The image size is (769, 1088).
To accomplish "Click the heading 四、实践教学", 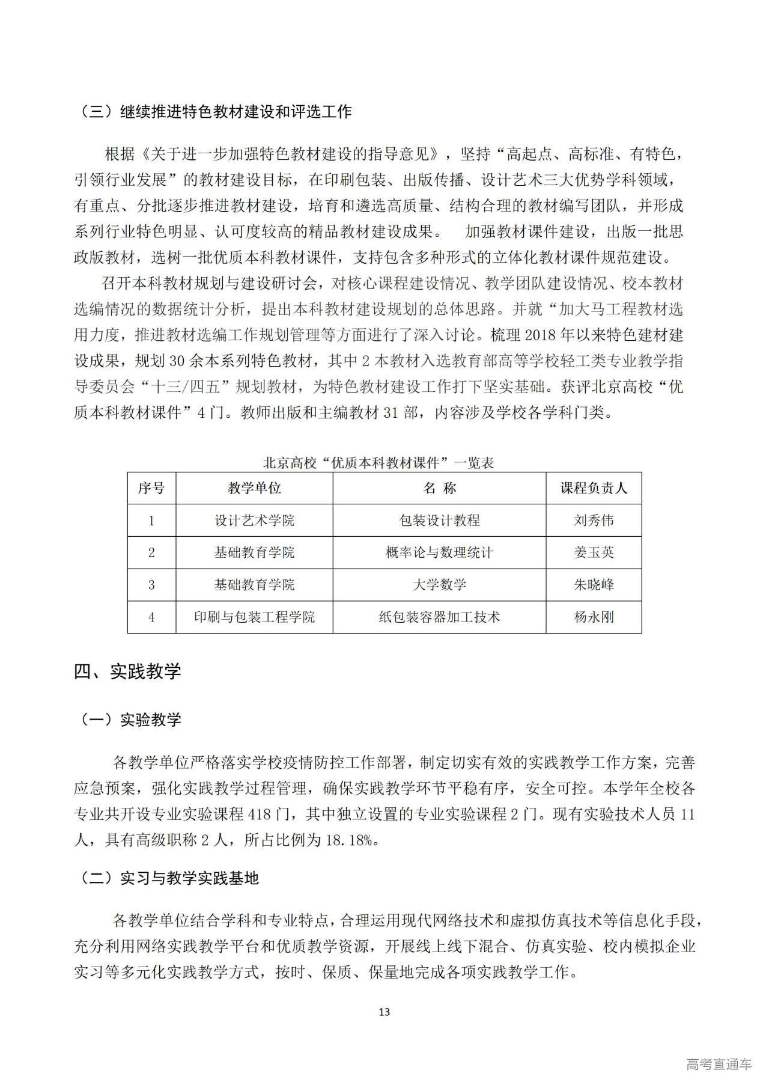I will pos(127,671).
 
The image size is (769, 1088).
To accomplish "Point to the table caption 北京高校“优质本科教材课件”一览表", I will pos(378,462).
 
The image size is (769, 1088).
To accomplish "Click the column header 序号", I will pos(151,488).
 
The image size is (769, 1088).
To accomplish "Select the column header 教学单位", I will pos(254,488).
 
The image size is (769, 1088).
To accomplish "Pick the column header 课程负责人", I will pos(594,488).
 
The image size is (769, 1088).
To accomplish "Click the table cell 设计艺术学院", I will pos(254,521).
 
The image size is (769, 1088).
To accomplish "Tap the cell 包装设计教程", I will pos(439,521).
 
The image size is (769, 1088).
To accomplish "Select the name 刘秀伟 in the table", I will pos(594,521).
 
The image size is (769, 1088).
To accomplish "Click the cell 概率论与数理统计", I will pos(439,552).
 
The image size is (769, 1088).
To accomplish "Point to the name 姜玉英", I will pos(594,552).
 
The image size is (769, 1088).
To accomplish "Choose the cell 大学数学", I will pos(439,585).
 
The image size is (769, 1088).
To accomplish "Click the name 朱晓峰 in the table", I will pos(594,585).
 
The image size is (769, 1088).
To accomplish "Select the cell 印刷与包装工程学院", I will pos(254,617).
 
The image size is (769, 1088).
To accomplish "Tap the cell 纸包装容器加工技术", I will pos(439,617).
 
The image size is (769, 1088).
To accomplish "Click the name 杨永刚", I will pos(594,617).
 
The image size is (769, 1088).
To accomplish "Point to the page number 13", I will pos(384,1012).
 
